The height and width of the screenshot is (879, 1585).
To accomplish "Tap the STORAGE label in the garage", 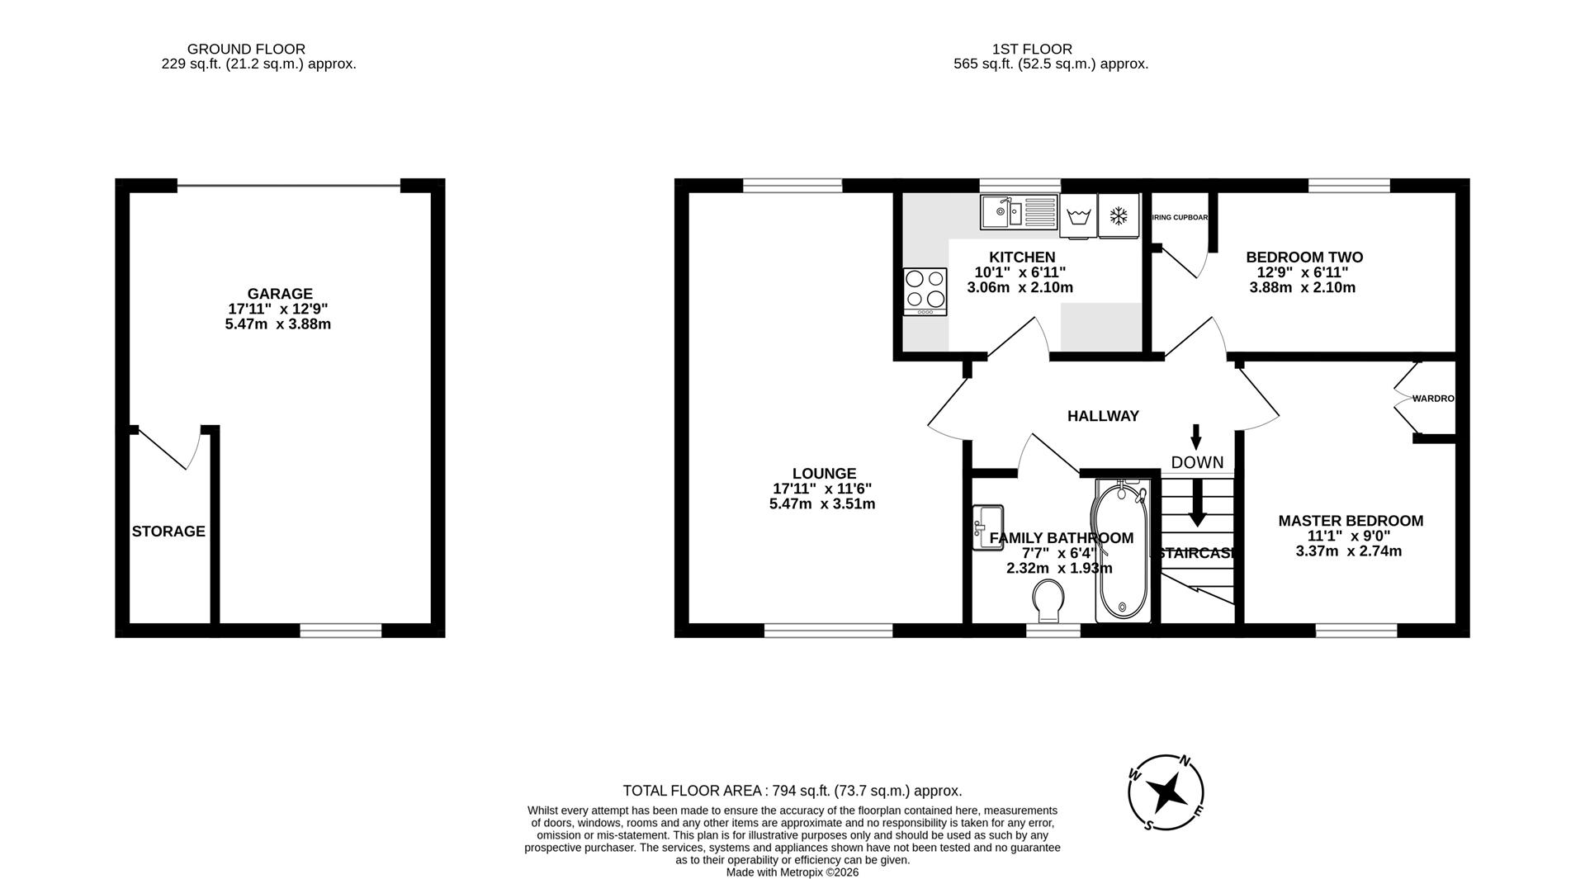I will click(168, 532).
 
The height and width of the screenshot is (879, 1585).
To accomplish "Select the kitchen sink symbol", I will click(1019, 212).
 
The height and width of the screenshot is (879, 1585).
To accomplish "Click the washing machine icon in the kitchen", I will click(1078, 217).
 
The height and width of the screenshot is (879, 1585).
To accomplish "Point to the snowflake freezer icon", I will click(1119, 216).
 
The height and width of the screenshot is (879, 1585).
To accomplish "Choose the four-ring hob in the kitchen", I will click(925, 291).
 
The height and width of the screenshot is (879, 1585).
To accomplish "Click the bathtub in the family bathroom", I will click(1122, 551).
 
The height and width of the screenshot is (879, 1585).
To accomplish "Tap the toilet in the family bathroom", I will click(1048, 601).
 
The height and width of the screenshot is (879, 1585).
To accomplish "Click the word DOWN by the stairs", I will click(1197, 462).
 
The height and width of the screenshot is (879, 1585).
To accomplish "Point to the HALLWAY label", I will click(1103, 416).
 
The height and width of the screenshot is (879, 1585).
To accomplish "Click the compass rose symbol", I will click(1166, 792).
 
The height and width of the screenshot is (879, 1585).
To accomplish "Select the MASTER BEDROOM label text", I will click(1351, 521).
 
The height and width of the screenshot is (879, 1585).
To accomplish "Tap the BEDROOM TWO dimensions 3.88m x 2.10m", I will click(1303, 288).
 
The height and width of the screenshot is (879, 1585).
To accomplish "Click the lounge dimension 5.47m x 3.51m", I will click(822, 503).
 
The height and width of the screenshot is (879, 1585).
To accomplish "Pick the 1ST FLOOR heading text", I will click(1032, 50).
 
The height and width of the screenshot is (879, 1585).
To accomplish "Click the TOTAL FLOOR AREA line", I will click(792, 791).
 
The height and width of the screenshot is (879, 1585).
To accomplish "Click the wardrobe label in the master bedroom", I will click(1432, 399).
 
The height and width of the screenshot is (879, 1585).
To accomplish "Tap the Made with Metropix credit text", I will click(792, 872).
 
